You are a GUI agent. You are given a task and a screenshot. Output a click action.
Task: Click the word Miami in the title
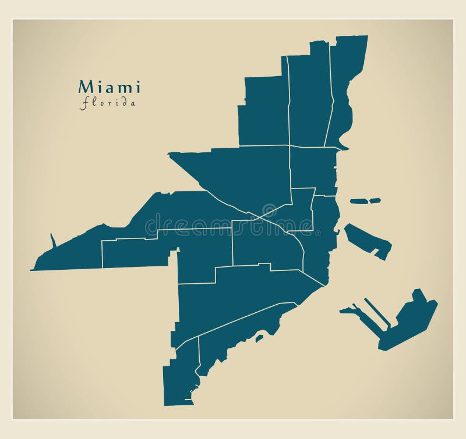click(x=110, y=88)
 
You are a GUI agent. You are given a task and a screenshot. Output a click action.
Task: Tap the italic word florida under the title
click(x=109, y=103)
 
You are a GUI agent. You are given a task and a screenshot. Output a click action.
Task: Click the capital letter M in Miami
click(x=85, y=88)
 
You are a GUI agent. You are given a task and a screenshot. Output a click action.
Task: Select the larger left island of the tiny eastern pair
click(x=359, y=201)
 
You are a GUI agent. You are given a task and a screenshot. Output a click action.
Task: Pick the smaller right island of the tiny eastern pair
click(x=375, y=201)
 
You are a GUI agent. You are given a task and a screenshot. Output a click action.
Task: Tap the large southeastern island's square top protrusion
click(x=419, y=295)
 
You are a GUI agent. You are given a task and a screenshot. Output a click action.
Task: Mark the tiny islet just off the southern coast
click(x=259, y=337)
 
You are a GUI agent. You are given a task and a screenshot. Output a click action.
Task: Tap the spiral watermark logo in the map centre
click(x=269, y=210)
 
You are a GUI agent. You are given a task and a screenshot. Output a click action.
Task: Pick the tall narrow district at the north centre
click(x=309, y=99)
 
